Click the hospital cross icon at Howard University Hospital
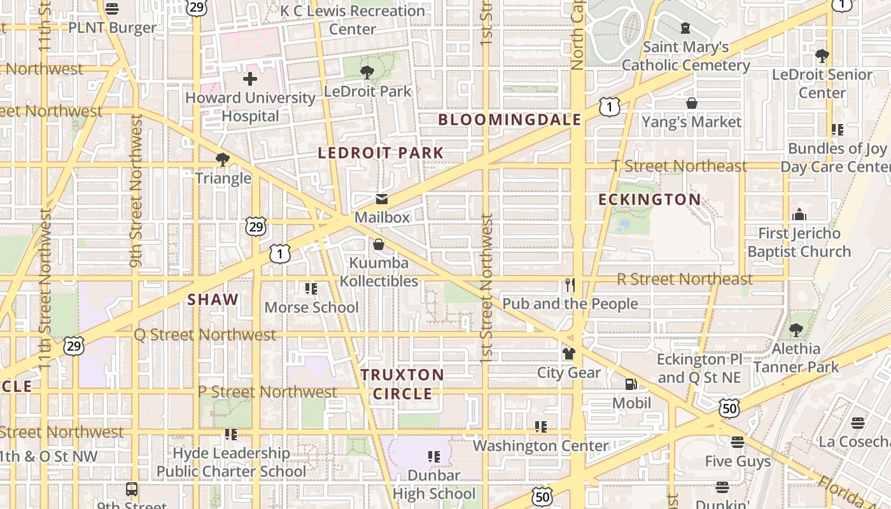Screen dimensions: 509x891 pos(250,79)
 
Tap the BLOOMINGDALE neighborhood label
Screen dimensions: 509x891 pos(510,120)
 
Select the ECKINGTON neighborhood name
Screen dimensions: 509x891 pos(650,200)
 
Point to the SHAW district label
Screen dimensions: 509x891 pos(213,300)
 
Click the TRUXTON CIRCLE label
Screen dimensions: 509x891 pos(402,384)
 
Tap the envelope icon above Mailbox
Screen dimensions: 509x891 pos(382,199)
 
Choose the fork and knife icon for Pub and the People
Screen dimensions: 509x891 pos(570,284)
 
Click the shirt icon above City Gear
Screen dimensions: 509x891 pos(568,354)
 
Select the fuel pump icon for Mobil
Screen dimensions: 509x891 pos(631,384)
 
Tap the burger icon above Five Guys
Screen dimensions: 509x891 pos(738,442)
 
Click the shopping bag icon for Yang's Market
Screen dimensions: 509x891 pos(692,103)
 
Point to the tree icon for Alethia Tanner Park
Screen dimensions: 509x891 pos(796,330)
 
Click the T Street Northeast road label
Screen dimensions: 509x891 pos(679,166)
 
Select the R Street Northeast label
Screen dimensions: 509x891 pos(685,279)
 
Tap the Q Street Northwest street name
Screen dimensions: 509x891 pos(205,335)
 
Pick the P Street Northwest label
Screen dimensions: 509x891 pos(267,391)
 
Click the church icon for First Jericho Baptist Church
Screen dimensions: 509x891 pos(799,214)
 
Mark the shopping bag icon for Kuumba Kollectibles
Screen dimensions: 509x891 pos(379,244)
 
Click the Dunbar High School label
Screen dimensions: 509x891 pos(434,484)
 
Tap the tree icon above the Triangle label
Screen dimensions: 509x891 pos(223,159)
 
